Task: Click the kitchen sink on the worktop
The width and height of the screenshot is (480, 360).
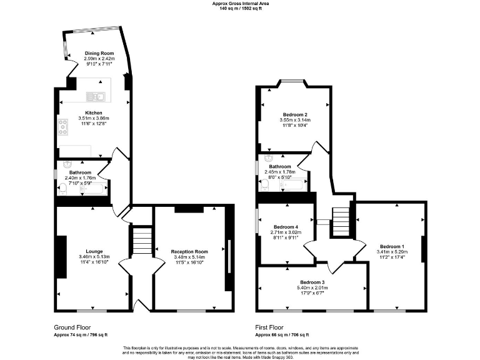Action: (96, 96)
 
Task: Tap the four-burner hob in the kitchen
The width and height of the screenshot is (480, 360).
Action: (63, 127)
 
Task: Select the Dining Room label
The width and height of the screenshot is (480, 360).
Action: (99, 54)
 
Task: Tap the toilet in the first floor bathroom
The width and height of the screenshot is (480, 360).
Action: (266, 184)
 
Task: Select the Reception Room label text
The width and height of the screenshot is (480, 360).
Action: (189, 251)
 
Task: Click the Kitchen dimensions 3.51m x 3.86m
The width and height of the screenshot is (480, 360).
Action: (94, 118)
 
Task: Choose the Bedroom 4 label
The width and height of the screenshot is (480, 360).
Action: (285, 227)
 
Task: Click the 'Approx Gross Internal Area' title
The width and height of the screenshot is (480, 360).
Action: (240, 3)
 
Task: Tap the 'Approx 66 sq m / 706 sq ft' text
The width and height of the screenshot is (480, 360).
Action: (282, 335)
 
